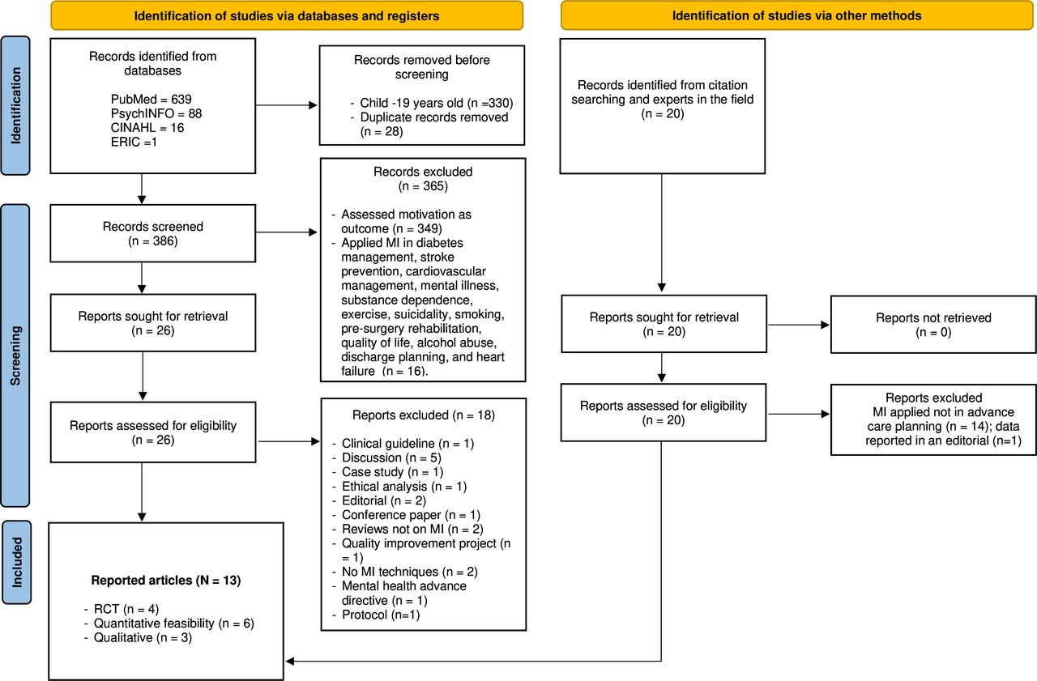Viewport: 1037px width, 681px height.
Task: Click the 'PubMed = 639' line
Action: coord(151,100)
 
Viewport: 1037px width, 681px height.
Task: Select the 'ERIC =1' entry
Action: coord(134,142)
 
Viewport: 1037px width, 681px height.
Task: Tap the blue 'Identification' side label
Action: coord(15,105)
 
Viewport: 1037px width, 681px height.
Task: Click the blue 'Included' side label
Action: coord(17,562)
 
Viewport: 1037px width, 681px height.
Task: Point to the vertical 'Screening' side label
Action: coord(15,355)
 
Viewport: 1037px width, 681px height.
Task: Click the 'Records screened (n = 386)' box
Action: coord(153,234)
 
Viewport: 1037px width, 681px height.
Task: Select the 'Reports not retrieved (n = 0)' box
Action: coord(933,325)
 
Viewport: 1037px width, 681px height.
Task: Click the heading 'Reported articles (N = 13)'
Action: coord(166,581)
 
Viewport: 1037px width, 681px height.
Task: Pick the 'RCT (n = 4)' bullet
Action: coord(122,609)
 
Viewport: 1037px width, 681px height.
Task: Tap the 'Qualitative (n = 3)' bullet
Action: coord(138,637)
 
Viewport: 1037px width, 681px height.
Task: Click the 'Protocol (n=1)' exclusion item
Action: coord(376,615)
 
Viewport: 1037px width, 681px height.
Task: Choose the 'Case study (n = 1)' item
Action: coord(388,472)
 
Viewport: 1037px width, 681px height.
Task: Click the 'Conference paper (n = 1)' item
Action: coord(407,515)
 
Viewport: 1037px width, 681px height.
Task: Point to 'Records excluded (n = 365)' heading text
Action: coord(423,179)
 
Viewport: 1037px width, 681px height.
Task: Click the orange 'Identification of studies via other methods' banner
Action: coord(796,15)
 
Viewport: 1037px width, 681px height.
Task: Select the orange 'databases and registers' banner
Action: coord(287,16)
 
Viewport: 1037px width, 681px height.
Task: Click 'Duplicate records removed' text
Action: coord(433,117)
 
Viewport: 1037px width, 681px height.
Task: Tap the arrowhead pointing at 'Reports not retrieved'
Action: coord(825,325)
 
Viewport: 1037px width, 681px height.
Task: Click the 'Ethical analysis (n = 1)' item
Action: coord(399,486)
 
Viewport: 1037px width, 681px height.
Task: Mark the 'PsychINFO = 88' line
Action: coord(156,114)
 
